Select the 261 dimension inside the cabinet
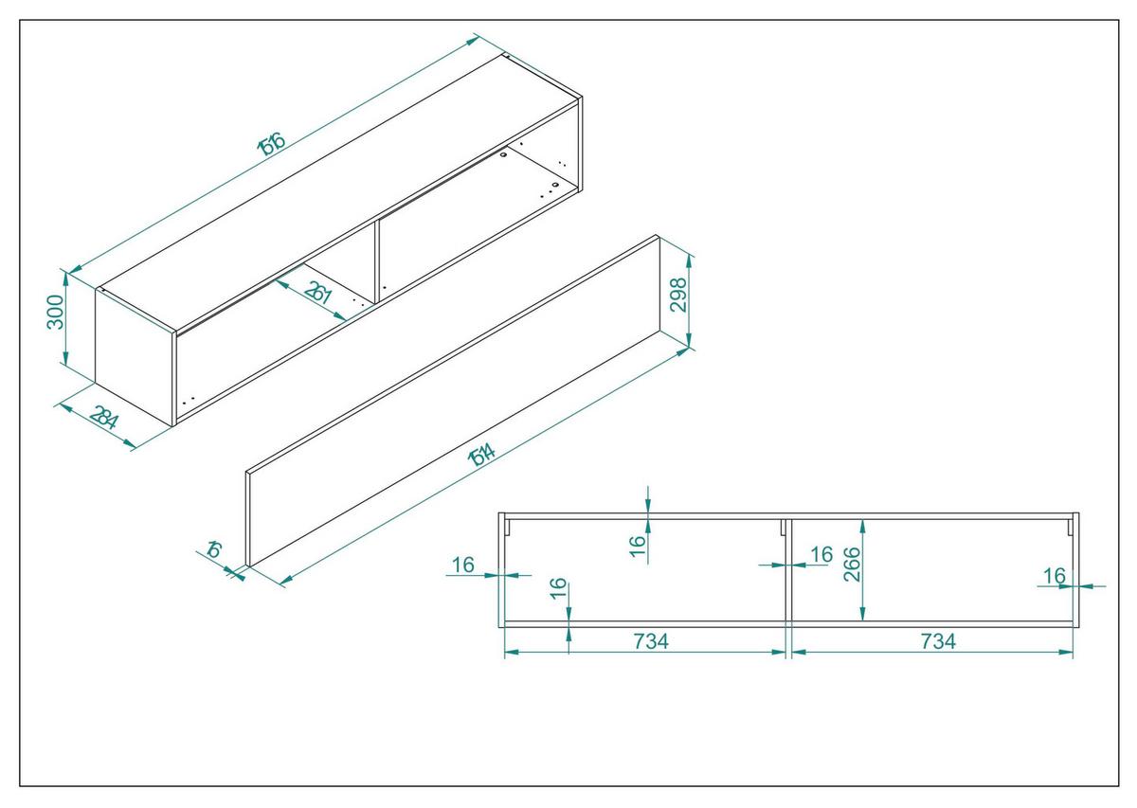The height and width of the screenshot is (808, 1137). click(x=318, y=294)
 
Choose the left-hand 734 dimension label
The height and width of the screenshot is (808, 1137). click(x=650, y=641)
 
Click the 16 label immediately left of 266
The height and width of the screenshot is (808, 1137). click(x=821, y=553)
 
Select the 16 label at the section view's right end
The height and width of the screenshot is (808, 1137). click(x=1054, y=576)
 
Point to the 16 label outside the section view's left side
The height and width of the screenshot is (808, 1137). click(x=462, y=565)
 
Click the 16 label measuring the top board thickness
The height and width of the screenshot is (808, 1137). click(x=637, y=542)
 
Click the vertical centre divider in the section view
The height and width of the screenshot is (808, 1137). click(x=788, y=578)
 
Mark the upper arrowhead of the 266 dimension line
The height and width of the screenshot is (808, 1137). click(x=861, y=524)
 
